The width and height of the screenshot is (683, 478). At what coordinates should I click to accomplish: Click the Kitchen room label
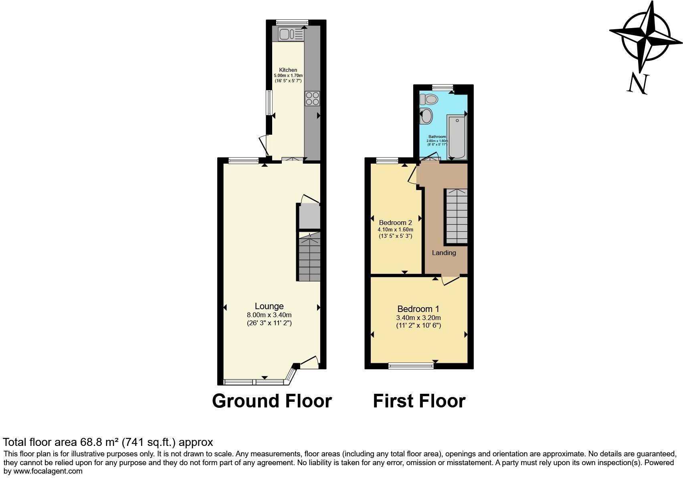pos(288,70)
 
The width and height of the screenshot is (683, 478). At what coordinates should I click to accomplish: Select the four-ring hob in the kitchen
pos(313,98)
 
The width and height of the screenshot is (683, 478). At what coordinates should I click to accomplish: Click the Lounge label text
pos(269,306)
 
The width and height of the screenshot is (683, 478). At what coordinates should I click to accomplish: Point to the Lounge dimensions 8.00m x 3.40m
pos(269,315)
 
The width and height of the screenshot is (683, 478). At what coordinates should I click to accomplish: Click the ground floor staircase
pos(309,257)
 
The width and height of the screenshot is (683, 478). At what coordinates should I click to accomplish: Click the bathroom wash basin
pos(426,116)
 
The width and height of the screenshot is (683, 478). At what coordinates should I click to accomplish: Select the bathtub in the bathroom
pos(457,136)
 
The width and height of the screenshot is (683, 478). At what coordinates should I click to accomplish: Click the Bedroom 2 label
pos(395,223)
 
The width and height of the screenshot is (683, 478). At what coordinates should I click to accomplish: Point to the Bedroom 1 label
pos(418,309)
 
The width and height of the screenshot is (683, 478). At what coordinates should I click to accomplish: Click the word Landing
pos(444,253)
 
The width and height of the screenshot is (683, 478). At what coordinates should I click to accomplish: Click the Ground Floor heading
pos(272,401)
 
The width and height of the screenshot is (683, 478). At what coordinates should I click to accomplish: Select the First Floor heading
pos(419,401)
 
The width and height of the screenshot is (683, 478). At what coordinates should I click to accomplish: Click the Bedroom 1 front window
pos(411,365)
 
